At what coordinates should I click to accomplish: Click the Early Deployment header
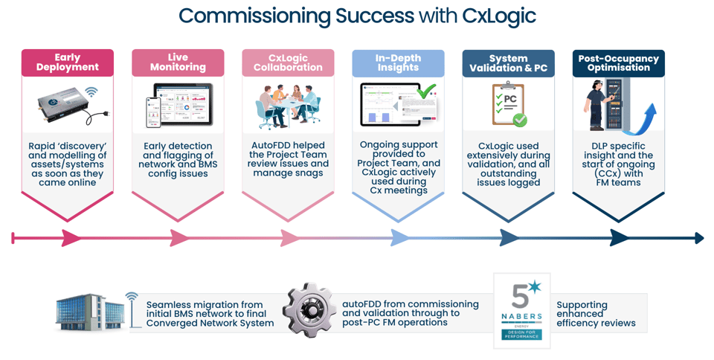(x=67, y=62)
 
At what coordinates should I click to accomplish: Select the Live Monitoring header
(x=178, y=62)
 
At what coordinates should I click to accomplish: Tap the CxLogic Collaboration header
(x=288, y=62)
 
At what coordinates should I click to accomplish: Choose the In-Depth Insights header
(x=398, y=62)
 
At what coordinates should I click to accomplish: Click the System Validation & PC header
(x=508, y=63)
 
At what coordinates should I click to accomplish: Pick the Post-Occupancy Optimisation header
(x=618, y=63)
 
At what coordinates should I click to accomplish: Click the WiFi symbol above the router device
(x=91, y=93)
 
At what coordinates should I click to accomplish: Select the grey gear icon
(x=309, y=310)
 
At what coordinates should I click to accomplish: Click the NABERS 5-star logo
(x=522, y=310)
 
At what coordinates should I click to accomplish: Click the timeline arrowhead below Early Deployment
(x=71, y=238)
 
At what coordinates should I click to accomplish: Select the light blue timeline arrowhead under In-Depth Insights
(x=399, y=238)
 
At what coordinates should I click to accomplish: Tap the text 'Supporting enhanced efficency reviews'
(x=596, y=314)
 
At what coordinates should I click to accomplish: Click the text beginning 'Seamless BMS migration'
(x=210, y=314)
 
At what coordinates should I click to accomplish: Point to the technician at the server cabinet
(x=600, y=106)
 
